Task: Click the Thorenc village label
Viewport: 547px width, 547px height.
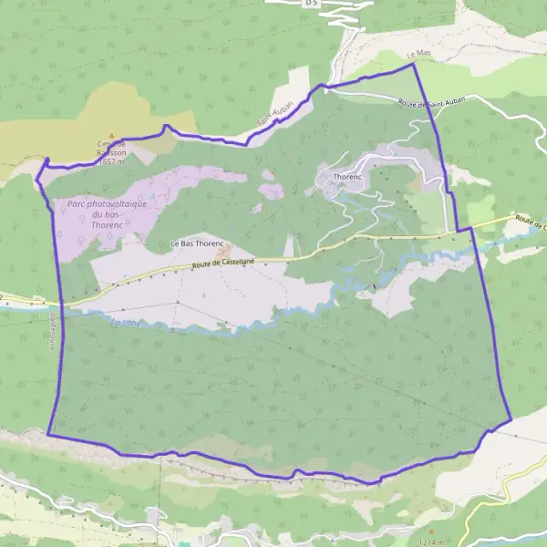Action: (x=348, y=176)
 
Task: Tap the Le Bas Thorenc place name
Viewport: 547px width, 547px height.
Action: (x=197, y=244)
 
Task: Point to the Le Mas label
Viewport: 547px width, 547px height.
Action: (x=421, y=54)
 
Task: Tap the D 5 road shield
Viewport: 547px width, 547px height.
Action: (x=312, y=4)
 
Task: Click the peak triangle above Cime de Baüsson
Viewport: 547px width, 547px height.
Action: (x=112, y=134)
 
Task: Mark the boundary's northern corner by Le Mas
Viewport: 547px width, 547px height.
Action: (x=413, y=64)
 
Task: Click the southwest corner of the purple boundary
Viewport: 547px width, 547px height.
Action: (x=48, y=435)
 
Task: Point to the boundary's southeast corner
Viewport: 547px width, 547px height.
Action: (x=511, y=418)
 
